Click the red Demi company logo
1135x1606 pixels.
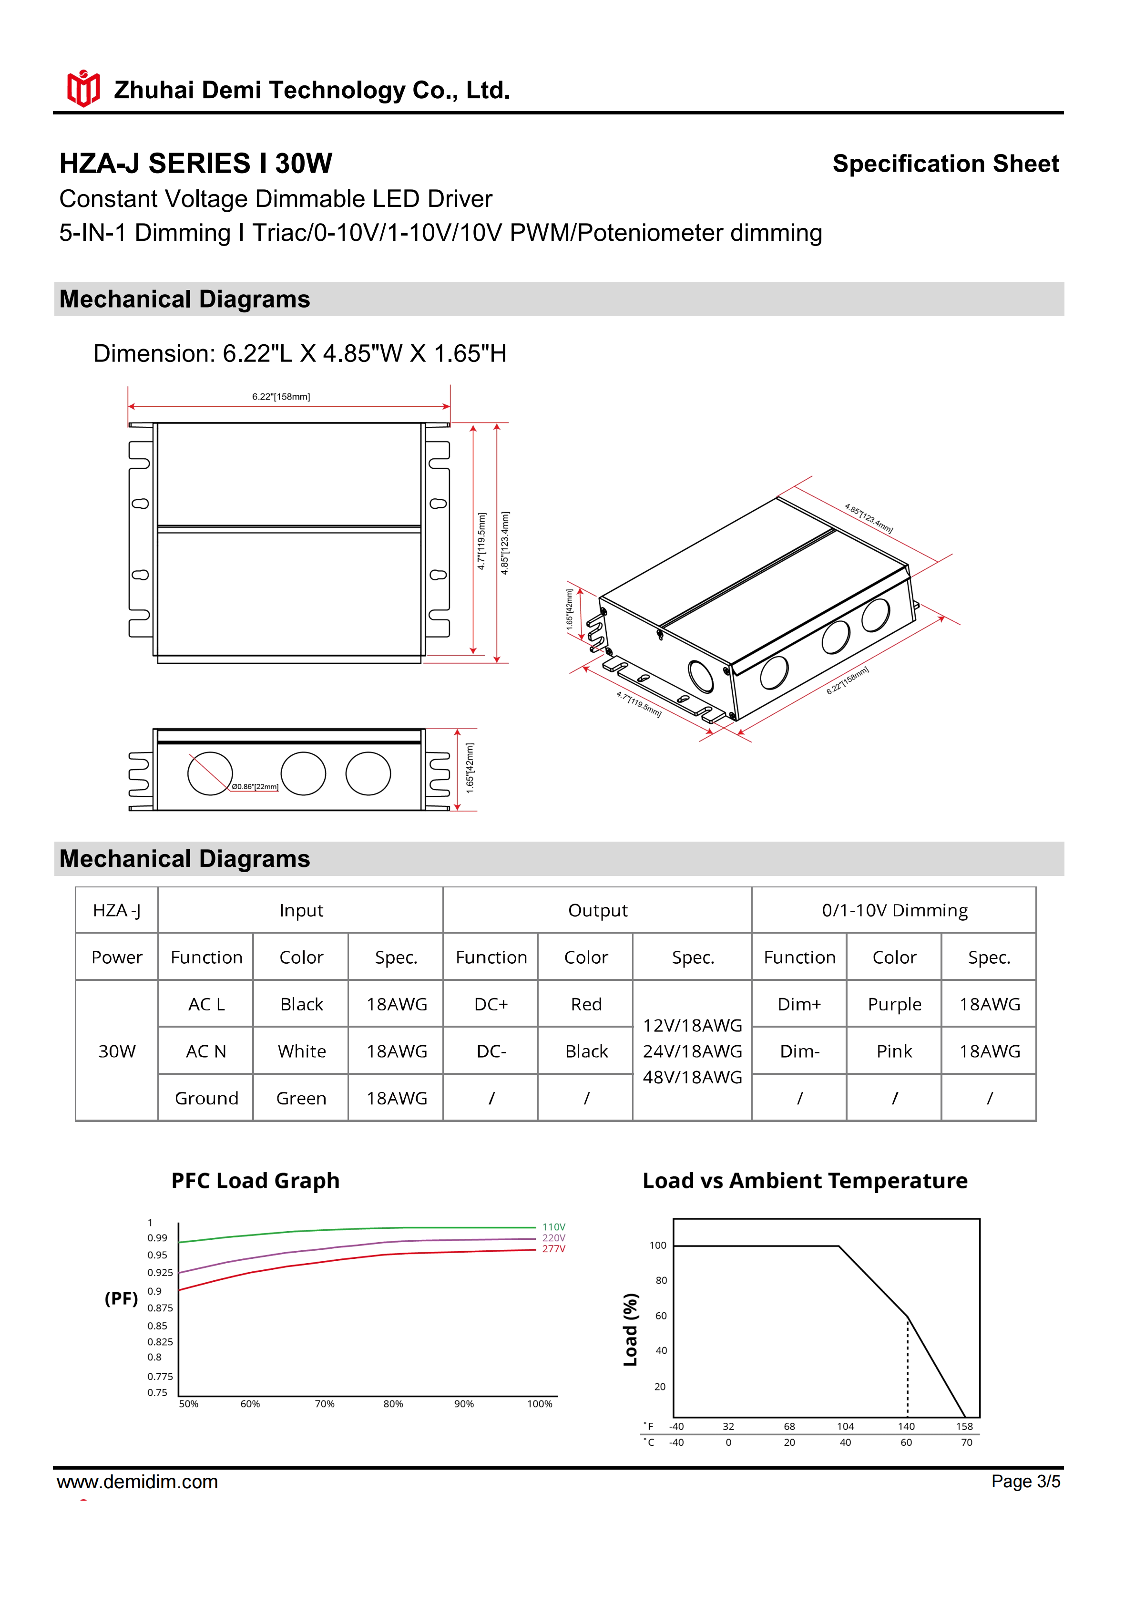(83, 89)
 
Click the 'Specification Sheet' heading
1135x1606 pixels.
(945, 164)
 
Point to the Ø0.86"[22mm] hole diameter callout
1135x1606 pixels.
(255, 786)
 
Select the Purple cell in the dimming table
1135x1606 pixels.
(894, 1004)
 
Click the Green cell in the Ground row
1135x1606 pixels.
(301, 1098)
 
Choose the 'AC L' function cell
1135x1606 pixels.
(206, 1004)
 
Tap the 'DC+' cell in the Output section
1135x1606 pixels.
(491, 1004)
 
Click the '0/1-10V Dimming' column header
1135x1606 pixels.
(894, 910)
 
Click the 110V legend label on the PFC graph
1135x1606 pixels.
(553, 1227)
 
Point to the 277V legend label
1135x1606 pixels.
(553, 1248)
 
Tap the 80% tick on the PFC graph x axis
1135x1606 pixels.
(393, 1404)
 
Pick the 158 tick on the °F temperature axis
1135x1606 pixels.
(964, 1426)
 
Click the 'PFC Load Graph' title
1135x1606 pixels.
(255, 1181)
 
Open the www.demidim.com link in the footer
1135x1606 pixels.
(137, 1482)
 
